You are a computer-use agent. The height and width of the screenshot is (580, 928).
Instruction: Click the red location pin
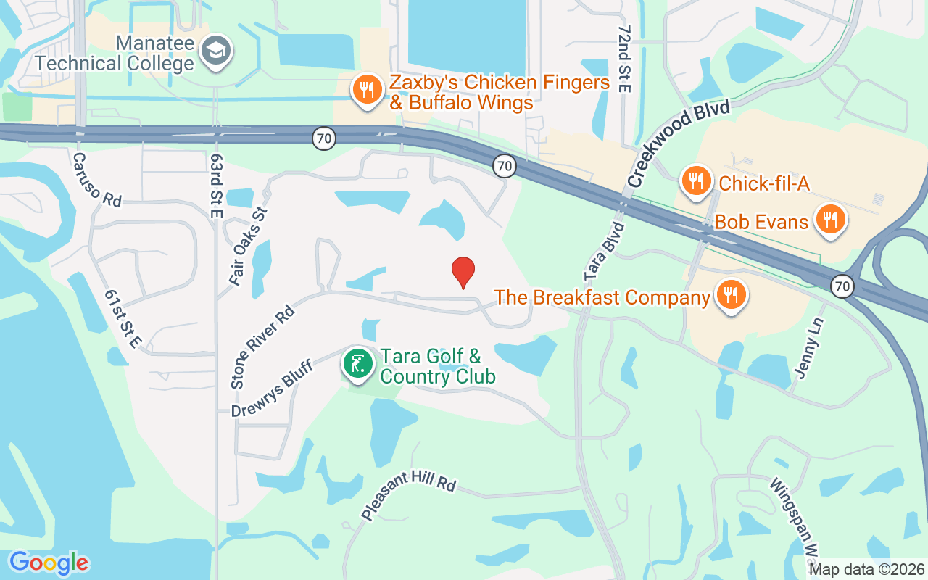click(463, 272)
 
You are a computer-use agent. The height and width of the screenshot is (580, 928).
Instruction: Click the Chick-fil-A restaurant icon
click(696, 181)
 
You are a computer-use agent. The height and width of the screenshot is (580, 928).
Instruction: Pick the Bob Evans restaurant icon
click(830, 219)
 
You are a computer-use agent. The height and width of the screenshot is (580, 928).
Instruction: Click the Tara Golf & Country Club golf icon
click(357, 364)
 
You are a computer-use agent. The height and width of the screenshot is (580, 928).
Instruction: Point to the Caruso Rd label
click(96, 179)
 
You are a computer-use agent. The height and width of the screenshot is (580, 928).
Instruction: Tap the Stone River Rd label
click(262, 347)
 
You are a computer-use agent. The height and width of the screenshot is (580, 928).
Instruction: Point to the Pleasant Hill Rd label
click(409, 494)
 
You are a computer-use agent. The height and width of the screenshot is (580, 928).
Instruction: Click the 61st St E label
click(121, 319)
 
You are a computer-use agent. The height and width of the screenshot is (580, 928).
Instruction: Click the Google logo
click(49, 563)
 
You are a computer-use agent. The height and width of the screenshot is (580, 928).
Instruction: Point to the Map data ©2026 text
click(866, 570)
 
